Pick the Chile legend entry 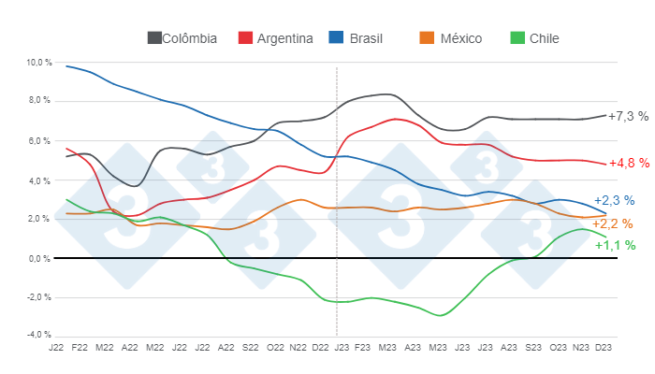[x=544, y=38]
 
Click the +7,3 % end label [x=628, y=116]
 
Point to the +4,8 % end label [x=628, y=163]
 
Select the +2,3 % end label [x=614, y=200]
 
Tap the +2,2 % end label [x=613, y=223]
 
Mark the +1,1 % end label [x=615, y=245]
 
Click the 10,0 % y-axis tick [x=39, y=63]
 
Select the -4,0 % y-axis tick [x=39, y=335]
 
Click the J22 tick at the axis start [x=56, y=348]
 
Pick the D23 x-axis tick [x=605, y=348]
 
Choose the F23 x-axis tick [x=362, y=348]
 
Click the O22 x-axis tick [x=275, y=348]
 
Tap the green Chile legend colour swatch [x=517, y=38]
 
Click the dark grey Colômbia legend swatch [x=154, y=38]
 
